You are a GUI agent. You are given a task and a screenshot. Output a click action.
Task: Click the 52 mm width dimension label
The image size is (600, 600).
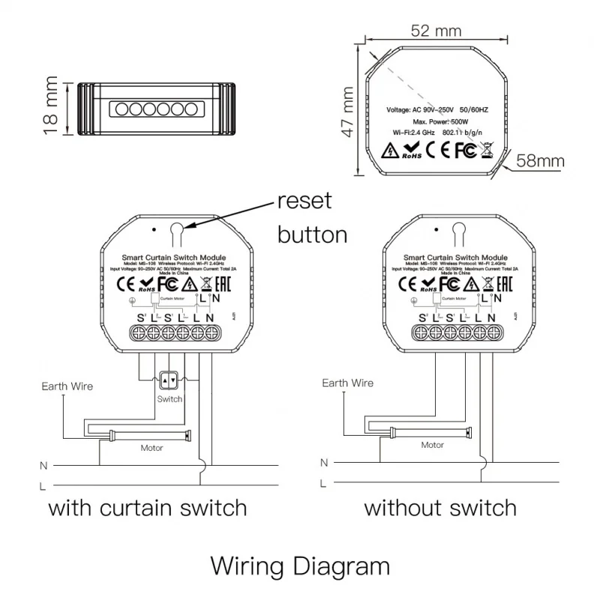435,31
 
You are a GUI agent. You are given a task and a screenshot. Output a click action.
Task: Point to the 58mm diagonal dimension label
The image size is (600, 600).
540,160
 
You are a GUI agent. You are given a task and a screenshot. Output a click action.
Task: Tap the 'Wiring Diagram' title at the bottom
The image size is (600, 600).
300,564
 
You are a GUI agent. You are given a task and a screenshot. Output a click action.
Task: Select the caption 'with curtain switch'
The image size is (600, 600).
148,508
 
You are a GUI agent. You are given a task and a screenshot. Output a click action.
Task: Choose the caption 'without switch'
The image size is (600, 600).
440,508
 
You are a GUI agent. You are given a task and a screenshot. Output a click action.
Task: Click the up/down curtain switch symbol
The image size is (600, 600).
169,381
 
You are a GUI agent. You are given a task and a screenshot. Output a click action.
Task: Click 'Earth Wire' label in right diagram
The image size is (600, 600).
347,383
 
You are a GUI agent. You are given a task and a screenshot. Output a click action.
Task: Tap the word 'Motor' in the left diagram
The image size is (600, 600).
152,448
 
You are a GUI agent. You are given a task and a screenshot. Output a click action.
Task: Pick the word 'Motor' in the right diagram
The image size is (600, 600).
432,445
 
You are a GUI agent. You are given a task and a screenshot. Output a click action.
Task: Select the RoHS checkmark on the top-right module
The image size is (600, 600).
411,151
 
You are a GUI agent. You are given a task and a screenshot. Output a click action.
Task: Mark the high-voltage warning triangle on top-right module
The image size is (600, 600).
389,150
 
